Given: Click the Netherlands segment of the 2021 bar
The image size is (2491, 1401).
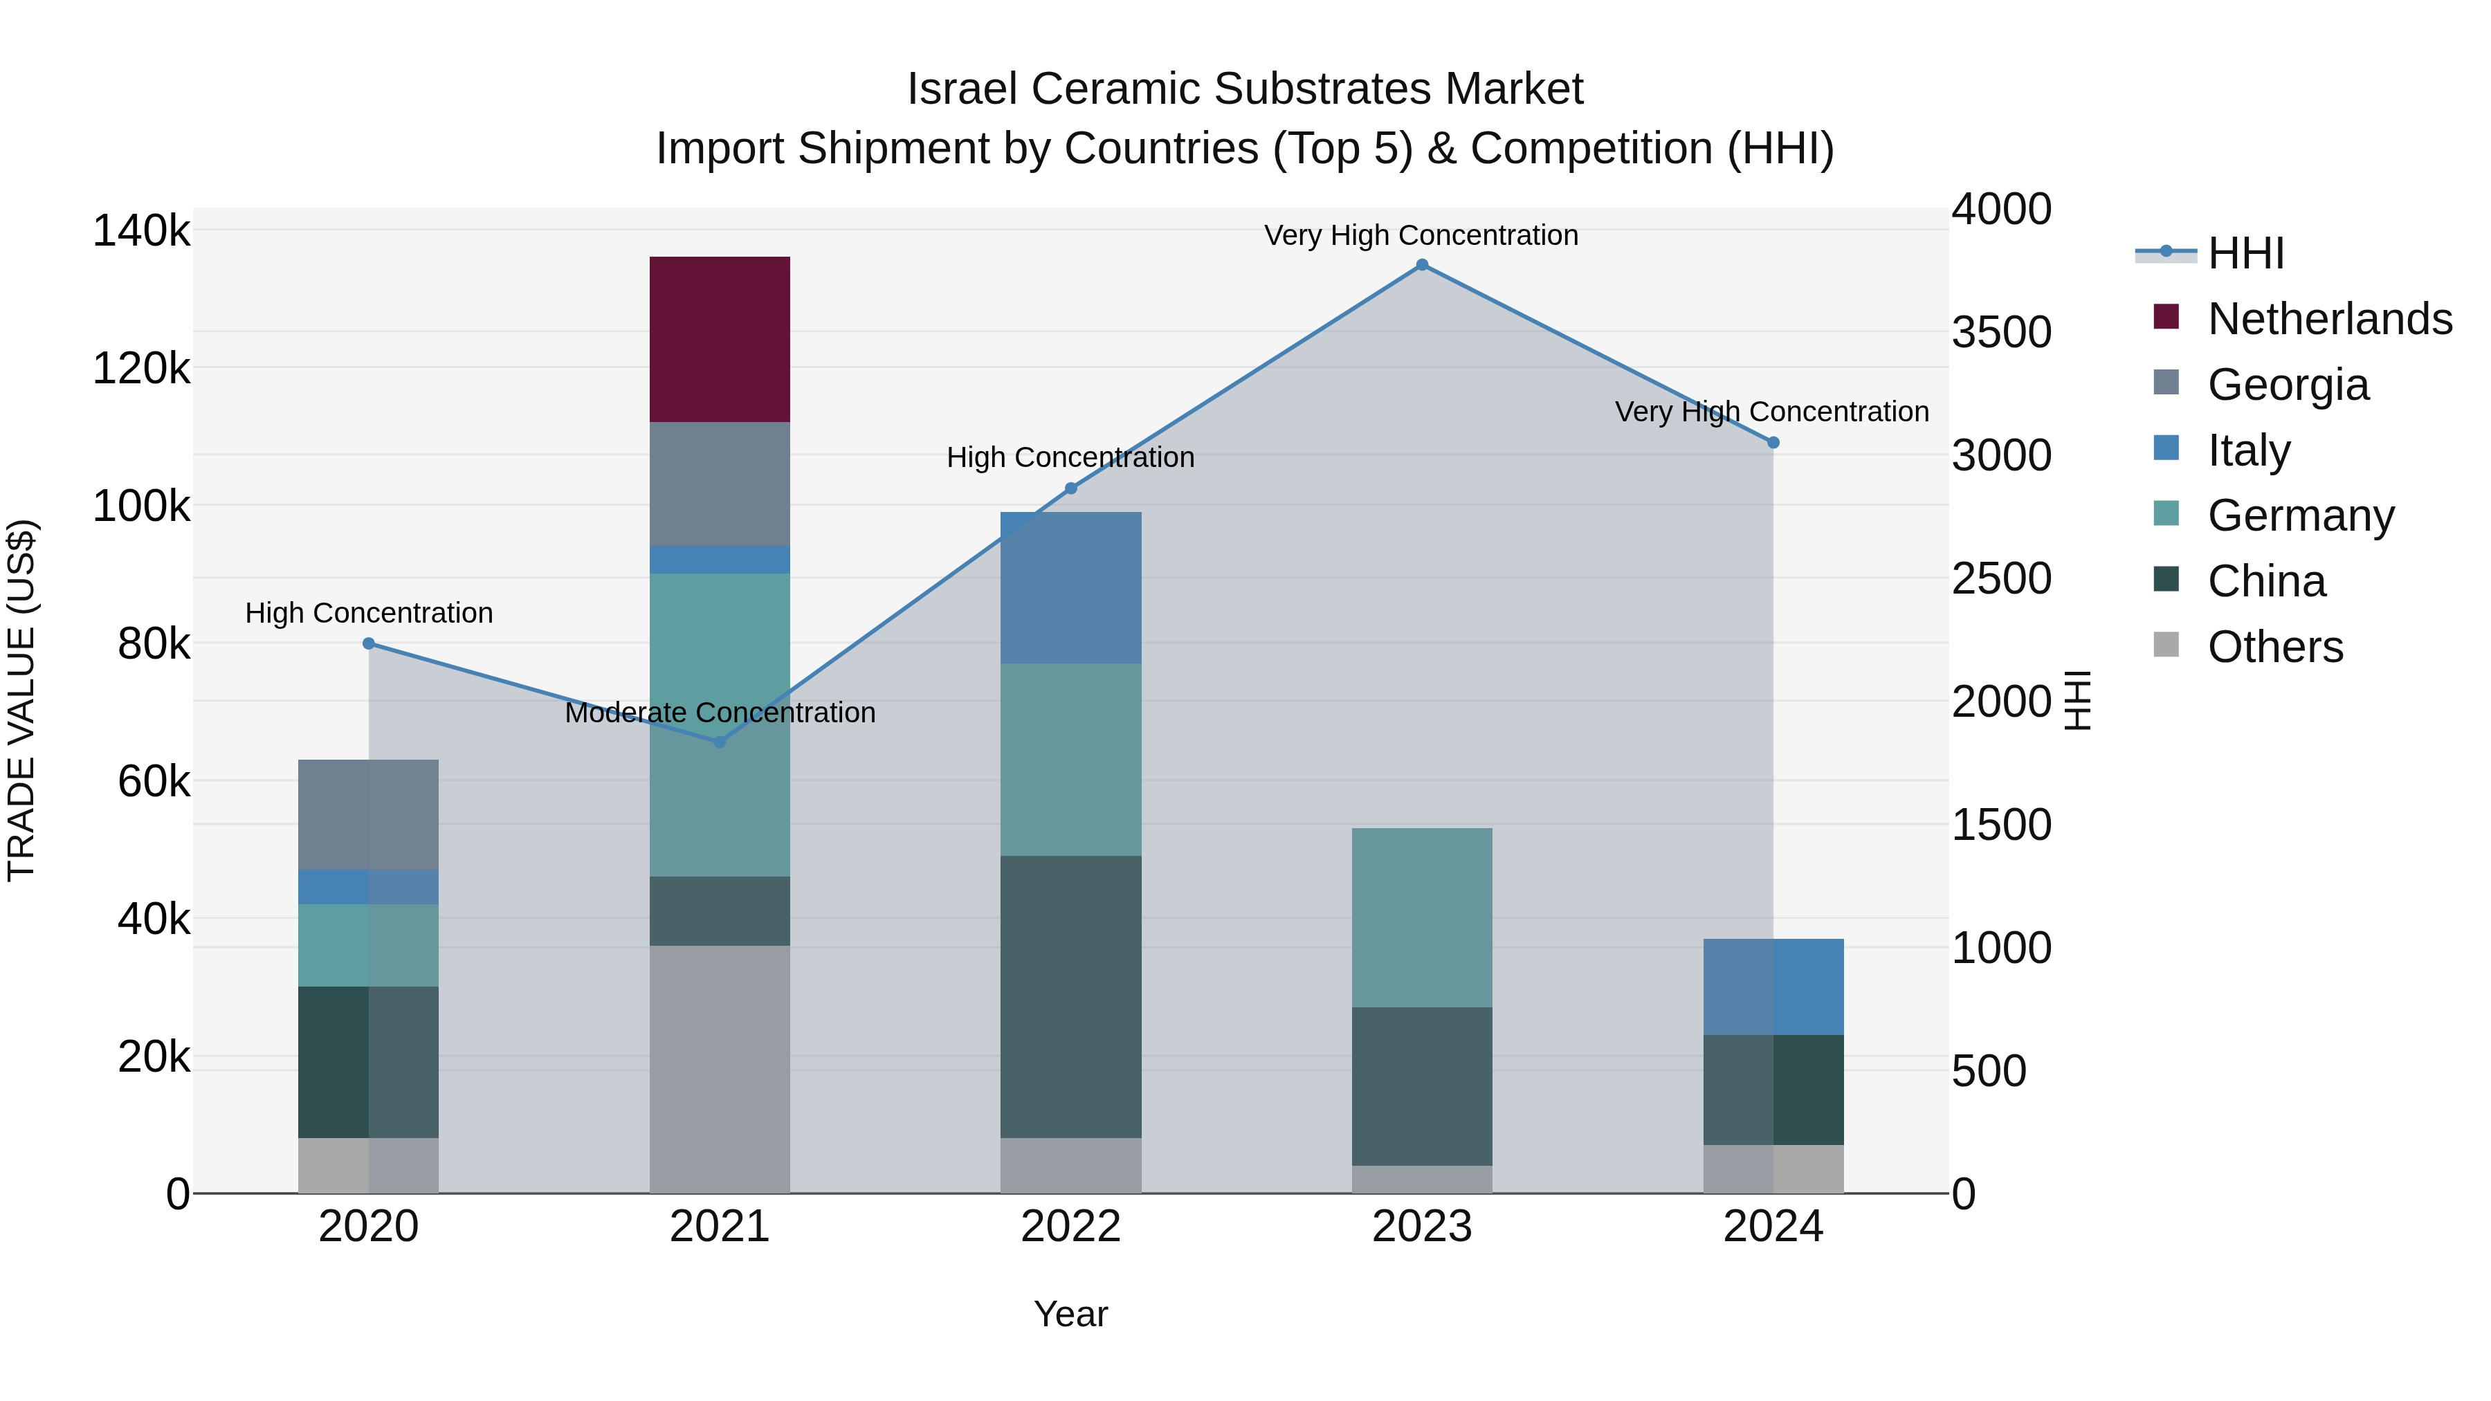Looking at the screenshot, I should click(720, 340).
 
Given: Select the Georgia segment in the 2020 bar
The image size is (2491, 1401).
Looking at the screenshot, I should click(367, 814).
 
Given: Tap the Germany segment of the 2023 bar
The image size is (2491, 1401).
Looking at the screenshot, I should click(1421, 917).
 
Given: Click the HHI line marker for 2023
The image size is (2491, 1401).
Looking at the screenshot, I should click(1421, 265).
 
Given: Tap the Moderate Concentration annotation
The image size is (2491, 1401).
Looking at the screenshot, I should click(720, 713).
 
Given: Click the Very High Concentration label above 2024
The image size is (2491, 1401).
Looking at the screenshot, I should click(1771, 412).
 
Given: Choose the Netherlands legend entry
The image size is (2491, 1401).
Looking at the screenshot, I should click(2330, 319).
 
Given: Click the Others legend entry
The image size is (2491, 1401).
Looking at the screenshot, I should click(2275, 647).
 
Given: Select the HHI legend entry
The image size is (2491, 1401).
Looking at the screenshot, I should click(2245, 253).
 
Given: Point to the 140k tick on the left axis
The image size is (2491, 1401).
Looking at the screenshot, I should click(141, 231).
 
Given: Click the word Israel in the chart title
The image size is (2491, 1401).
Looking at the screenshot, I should click(962, 89).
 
